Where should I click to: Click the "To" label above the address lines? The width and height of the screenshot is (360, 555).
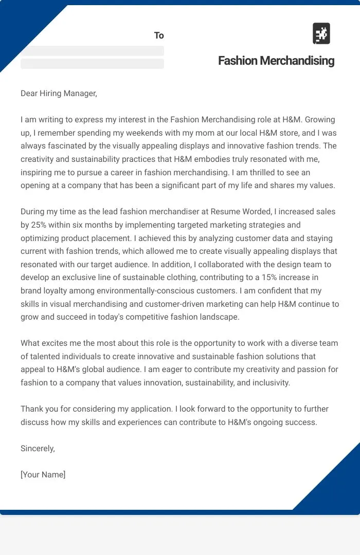[x=159, y=35]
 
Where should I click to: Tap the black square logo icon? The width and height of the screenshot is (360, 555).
[x=321, y=34]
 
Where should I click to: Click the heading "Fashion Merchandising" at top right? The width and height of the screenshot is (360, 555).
[x=276, y=61]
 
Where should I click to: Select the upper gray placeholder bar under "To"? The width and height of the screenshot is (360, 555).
[x=92, y=51]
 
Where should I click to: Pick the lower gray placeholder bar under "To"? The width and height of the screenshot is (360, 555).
[x=92, y=64]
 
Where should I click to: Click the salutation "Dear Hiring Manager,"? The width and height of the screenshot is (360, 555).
[x=59, y=94]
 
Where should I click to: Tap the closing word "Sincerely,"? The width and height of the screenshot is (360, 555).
[x=38, y=449]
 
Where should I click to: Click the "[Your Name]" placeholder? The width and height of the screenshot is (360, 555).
[x=43, y=475]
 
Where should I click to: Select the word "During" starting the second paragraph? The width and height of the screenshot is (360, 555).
[x=33, y=212]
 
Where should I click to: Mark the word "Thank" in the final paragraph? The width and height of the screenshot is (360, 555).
[x=32, y=409]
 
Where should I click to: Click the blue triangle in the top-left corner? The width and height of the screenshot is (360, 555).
[x=21, y=26]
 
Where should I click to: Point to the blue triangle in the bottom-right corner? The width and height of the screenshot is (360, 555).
[x=337, y=486]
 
